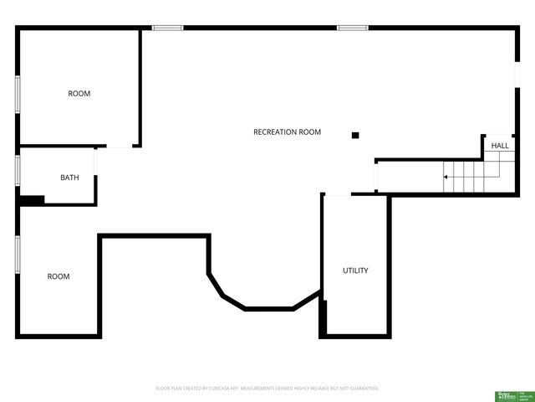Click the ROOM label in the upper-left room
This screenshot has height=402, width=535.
pyautogui.click(x=79, y=94)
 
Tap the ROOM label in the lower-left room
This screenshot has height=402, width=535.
pyautogui.click(x=59, y=276)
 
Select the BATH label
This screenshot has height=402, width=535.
pyautogui.click(x=69, y=178)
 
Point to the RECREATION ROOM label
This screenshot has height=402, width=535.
pyautogui.click(x=287, y=132)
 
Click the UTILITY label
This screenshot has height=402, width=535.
pyautogui.click(x=355, y=271)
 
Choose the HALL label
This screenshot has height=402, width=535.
pyautogui.click(x=500, y=146)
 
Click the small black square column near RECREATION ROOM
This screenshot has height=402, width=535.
pyautogui.click(x=355, y=135)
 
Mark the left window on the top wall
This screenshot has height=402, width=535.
pyautogui.click(x=167, y=28)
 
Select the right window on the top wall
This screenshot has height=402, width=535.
pyautogui.click(x=353, y=28)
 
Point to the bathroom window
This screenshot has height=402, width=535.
pyautogui.click(x=18, y=169)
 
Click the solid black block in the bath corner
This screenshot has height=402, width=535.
pyautogui.click(x=32, y=200)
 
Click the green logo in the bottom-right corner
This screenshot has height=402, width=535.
pyautogui.click(x=507, y=394)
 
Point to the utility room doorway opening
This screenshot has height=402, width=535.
pyautogui.click(x=337, y=195)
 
